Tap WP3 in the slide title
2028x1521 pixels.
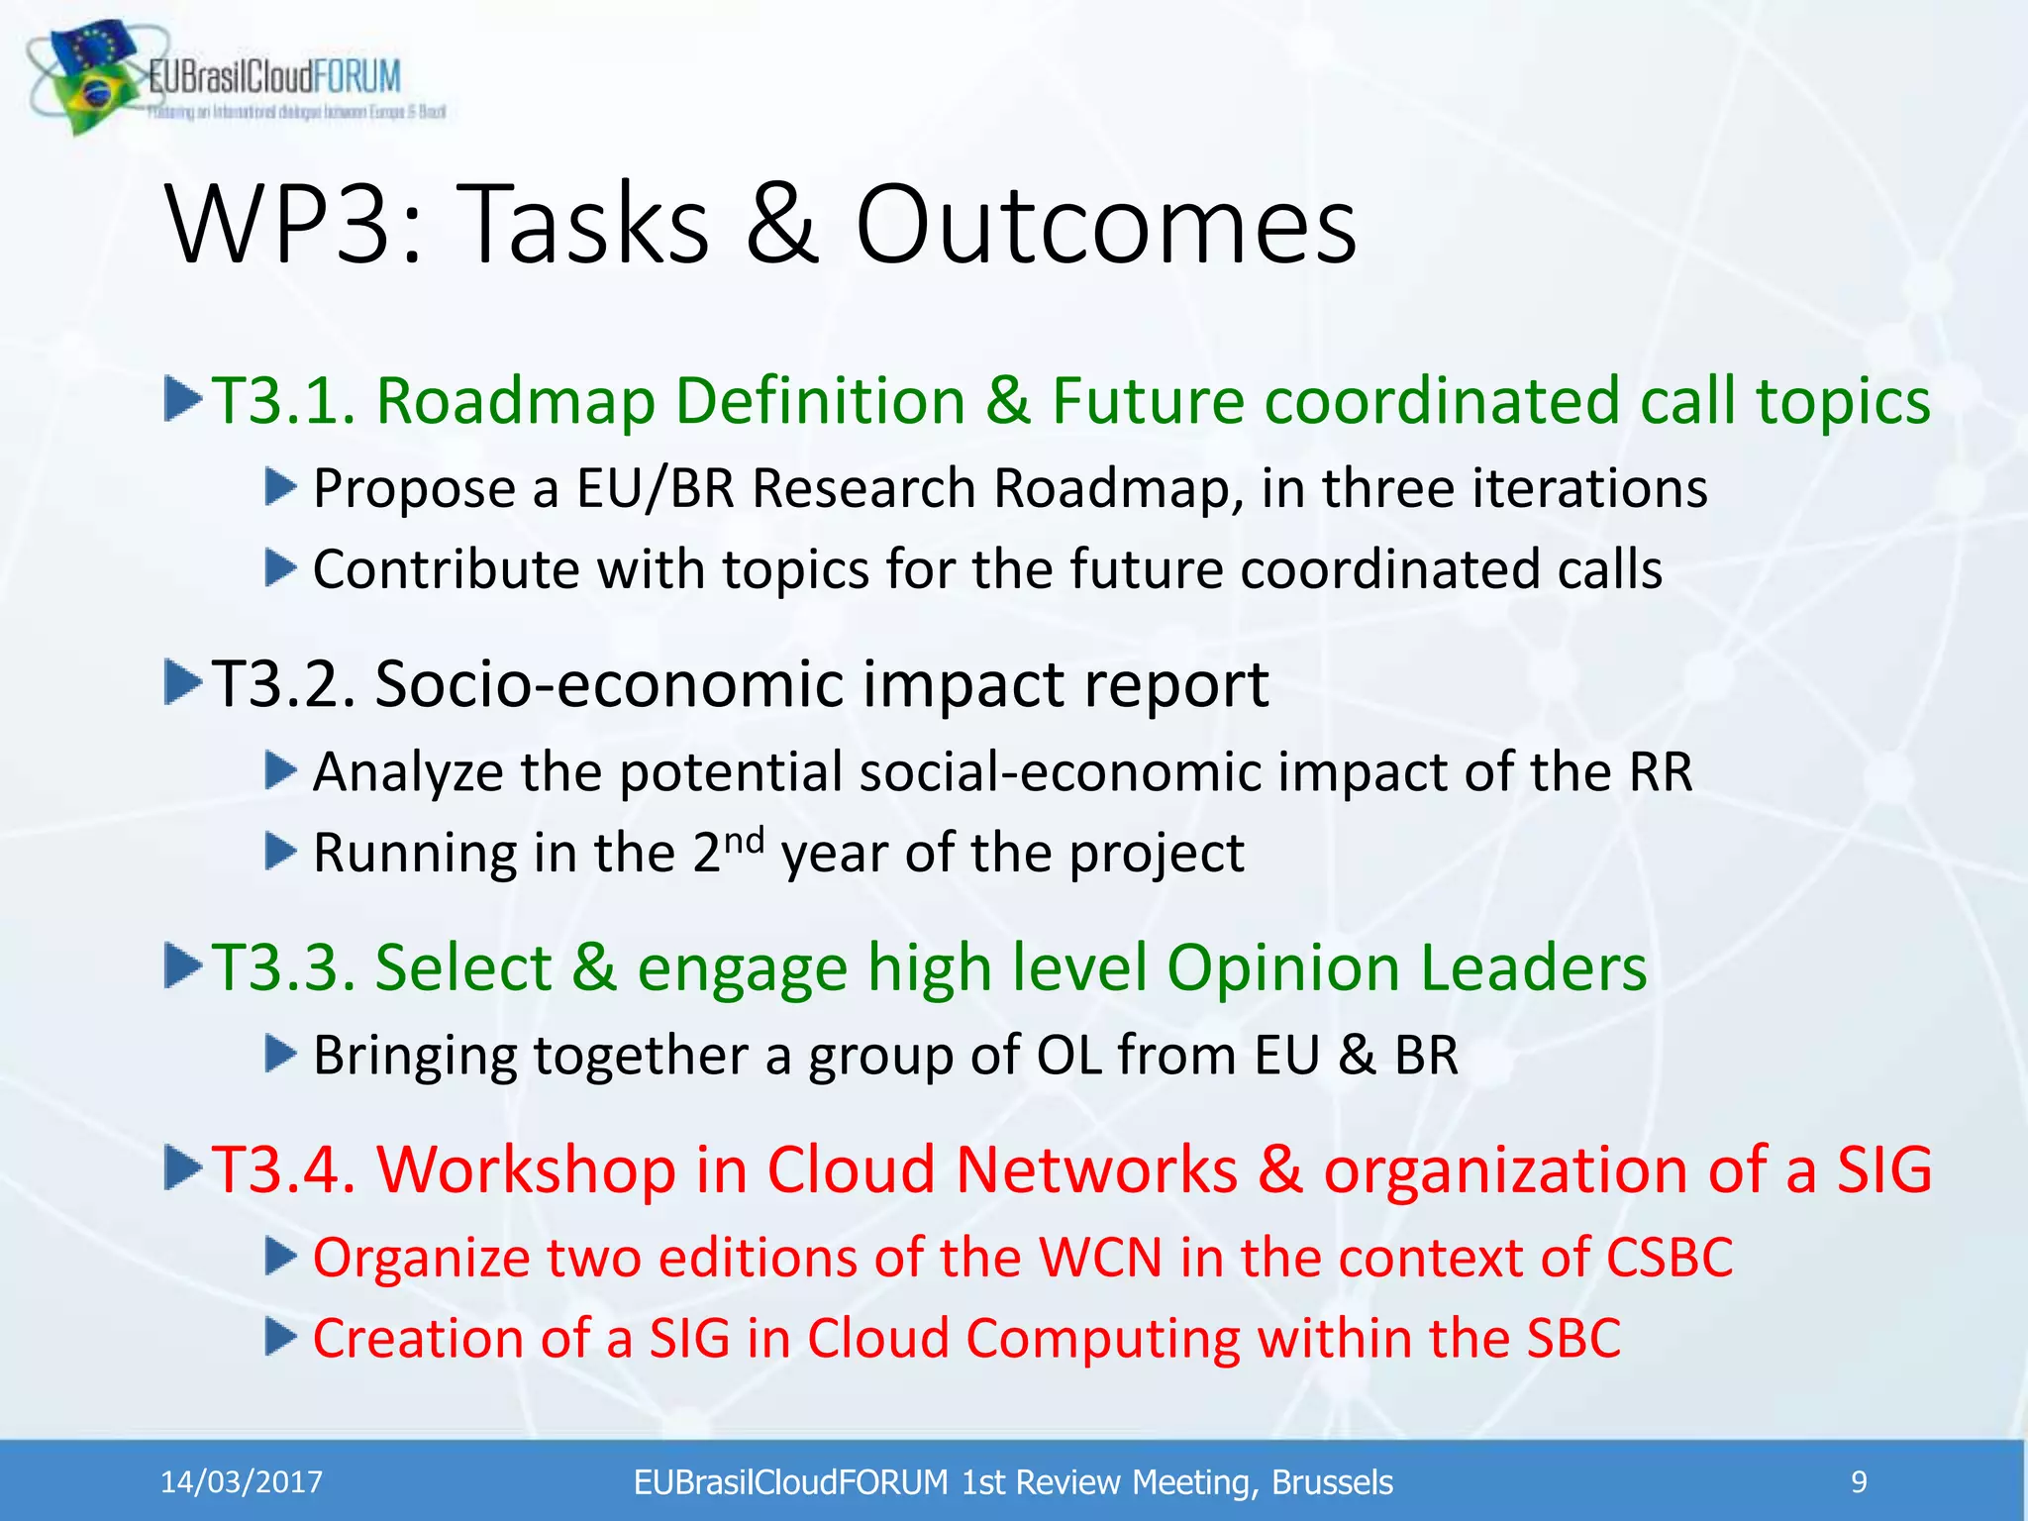[x=295, y=226]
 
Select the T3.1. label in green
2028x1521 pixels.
[x=282, y=401]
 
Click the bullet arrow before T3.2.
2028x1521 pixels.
[x=183, y=683]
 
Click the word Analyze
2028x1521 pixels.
[x=407, y=772]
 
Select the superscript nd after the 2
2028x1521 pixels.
[x=744, y=841]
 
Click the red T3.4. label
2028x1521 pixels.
[x=283, y=1169]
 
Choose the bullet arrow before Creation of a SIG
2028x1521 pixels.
[x=281, y=1339]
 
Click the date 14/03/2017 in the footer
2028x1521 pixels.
[x=242, y=1482]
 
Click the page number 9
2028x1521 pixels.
[x=1859, y=1482]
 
